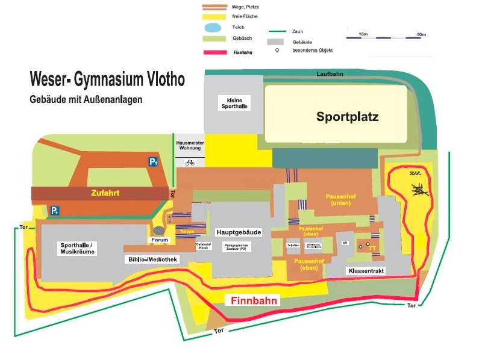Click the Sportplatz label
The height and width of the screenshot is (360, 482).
tap(348, 117)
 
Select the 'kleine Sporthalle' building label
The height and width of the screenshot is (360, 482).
tap(233, 102)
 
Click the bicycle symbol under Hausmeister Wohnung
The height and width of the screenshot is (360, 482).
tap(190, 163)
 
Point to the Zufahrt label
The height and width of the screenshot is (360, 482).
tap(105, 193)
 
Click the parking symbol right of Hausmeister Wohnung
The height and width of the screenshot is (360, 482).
tap(154, 161)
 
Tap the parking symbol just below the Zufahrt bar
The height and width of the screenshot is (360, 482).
tap(55, 210)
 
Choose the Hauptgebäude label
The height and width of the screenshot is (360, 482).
tap(238, 232)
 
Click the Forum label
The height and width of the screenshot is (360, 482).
tap(160, 240)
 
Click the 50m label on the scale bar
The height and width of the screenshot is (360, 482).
tap(421, 34)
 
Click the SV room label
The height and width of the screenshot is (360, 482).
tap(345, 243)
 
